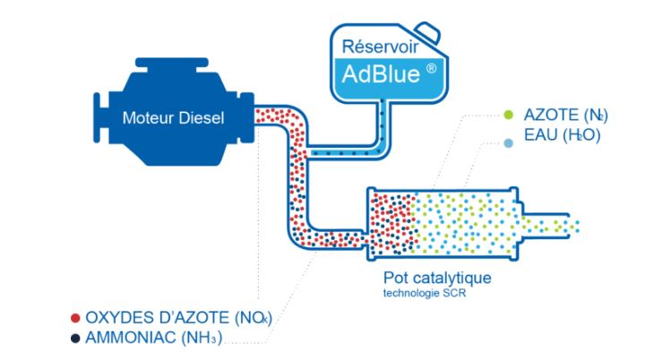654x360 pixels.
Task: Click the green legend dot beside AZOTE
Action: click(508, 116)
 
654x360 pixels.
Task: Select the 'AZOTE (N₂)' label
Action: click(562, 116)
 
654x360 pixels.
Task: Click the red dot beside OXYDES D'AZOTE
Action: click(74, 317)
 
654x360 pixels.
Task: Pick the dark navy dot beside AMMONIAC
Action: click(74, 337)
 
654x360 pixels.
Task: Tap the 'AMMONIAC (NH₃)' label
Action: click(152, 337)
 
